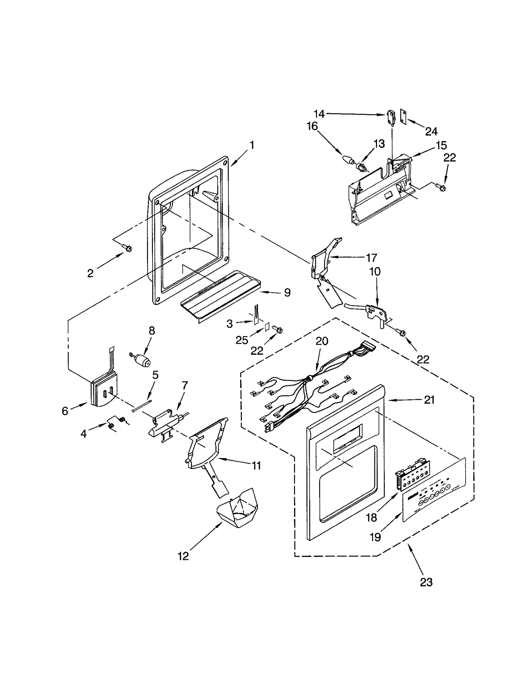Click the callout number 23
coord(426,582)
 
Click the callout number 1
coord(252,145)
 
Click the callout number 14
coord(319,114)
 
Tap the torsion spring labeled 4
coord(116,422)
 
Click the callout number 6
coord(65,411)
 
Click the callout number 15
coord(441,145)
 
